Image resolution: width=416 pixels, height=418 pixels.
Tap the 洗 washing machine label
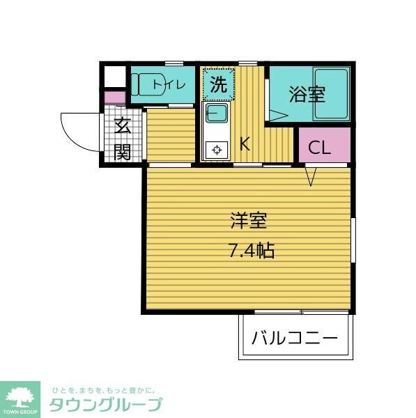coord(218,86)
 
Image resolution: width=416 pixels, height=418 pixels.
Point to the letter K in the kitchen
coord(245,144)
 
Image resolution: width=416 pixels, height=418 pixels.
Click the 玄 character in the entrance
coord(123,127)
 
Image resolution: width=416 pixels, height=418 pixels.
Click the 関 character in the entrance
coord(123,150)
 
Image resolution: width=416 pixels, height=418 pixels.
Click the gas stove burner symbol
coord(216,149)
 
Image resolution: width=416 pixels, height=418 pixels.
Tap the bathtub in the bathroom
coord(330,95)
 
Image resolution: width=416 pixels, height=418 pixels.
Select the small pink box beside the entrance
coord(114,97)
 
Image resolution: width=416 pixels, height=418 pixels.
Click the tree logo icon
coord(21,396)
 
